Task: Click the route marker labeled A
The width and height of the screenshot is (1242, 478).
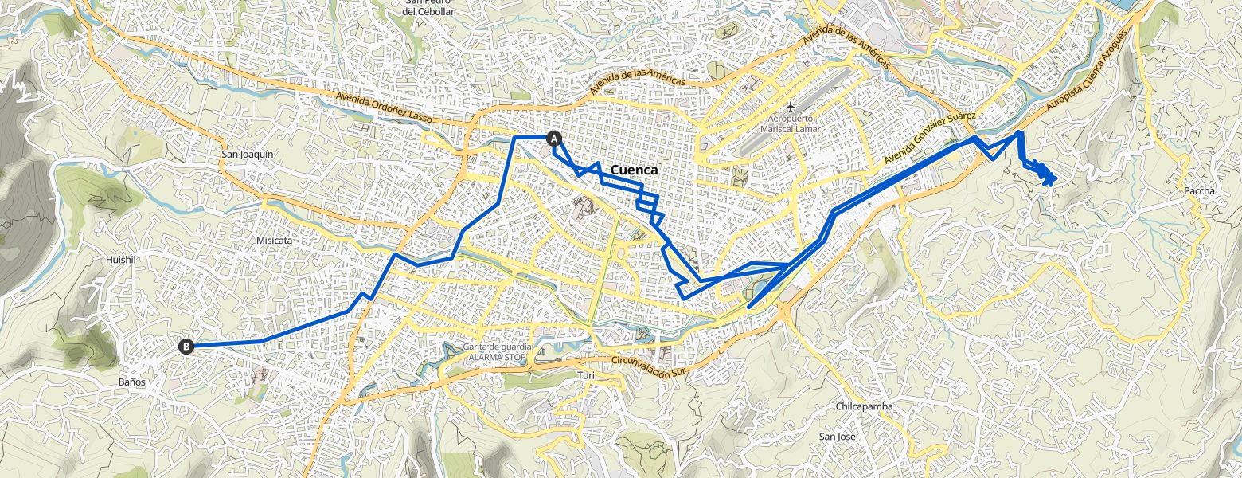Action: [554, 138]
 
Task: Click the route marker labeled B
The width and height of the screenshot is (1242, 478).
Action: [186, 346]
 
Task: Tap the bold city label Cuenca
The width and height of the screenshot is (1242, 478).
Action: [634, 170]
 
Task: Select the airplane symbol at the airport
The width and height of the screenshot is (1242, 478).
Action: [790, 106]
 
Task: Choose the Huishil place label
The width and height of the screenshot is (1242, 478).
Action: [121, 260]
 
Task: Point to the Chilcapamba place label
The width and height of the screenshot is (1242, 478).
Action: [864, 406]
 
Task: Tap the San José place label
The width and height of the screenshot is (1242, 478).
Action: [837, 437]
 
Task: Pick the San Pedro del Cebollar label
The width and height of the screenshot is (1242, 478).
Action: [428, 7]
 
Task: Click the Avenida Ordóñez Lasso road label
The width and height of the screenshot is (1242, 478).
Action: [384, 107]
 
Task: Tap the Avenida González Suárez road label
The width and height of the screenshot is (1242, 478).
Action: [929, 139]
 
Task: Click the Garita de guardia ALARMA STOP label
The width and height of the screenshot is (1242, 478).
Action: [498, 352]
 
